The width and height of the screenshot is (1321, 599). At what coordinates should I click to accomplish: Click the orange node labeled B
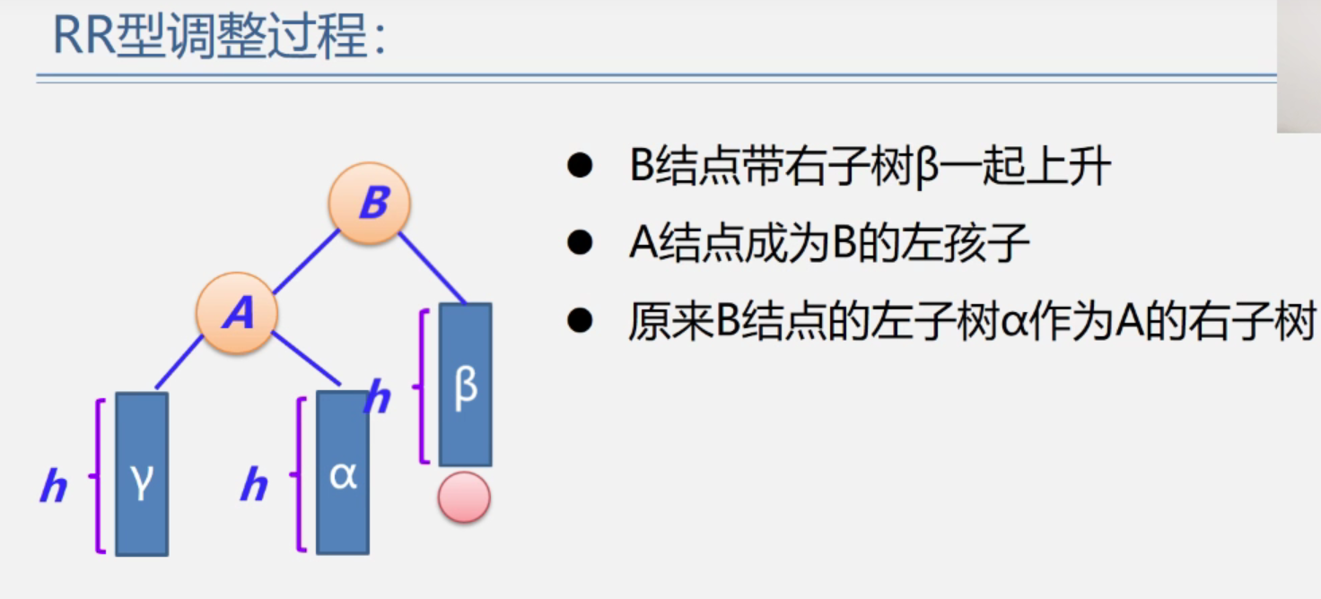[369, 204]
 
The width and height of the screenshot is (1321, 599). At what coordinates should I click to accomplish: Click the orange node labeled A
[237, 313]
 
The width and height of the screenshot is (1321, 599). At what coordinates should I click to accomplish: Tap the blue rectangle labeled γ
[142, 473]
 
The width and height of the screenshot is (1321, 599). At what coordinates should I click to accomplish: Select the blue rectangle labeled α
[343, 473]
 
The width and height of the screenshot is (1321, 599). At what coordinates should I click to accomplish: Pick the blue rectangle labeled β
[465, 385]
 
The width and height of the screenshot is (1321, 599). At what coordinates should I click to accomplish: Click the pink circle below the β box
[464, 498]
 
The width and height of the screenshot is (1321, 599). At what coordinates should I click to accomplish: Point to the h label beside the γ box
[54, 487]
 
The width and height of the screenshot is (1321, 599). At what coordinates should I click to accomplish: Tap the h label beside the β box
[378, 397]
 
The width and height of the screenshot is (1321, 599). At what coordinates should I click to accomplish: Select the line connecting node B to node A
[305, 261]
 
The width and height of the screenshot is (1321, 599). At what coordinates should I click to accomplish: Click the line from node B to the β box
[433, 267]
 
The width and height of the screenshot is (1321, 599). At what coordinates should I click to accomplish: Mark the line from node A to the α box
[307, 359]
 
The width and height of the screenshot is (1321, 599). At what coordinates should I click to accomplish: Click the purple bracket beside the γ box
[98, 475]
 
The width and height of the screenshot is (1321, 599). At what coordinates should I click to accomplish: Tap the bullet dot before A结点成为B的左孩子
[581, 243]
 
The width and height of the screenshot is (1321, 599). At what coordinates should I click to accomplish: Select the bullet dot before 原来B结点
[581, 321]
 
